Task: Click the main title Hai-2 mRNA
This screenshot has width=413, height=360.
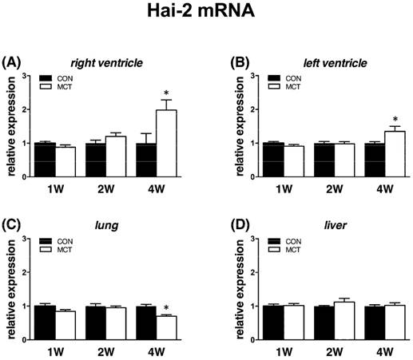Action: (x=206, y=14)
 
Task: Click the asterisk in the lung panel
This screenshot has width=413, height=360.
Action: (x=167, y=308)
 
